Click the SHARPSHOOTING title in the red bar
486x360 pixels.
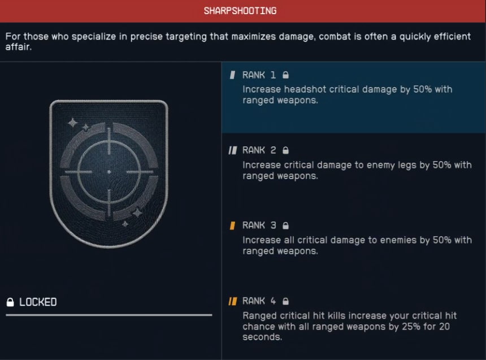(240, 11)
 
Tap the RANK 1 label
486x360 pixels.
(259, 75)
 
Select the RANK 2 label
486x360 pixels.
(259, 150)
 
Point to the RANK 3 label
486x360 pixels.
(259, 225)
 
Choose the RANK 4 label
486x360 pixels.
(259, 301)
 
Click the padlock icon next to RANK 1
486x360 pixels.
(286, 75)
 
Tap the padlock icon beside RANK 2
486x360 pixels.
(286, 150)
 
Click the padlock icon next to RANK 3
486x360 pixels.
(286, 225)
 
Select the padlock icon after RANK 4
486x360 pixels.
(286, 301)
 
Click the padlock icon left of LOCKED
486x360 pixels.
(10, 302)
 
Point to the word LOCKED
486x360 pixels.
(38, 302)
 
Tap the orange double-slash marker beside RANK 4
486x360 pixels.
(232, 301)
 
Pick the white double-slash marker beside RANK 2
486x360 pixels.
(232, 150)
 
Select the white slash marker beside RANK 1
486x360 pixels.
(232, 75)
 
